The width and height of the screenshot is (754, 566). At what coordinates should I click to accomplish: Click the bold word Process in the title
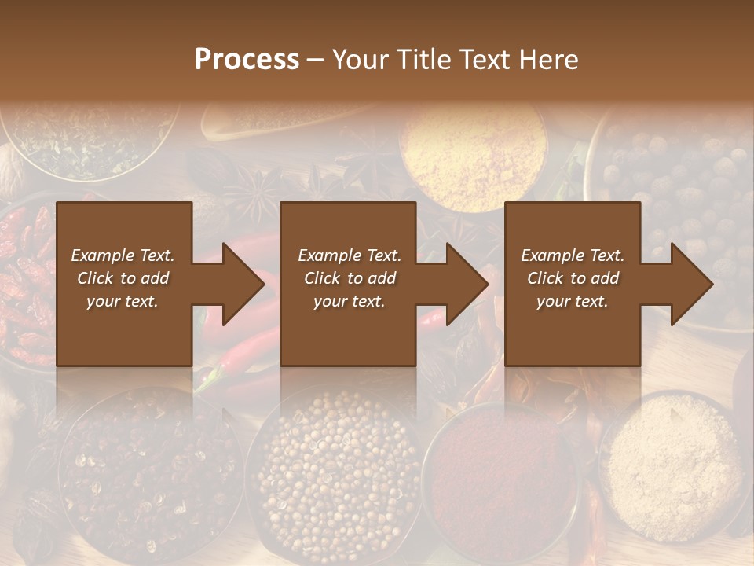[247, 60]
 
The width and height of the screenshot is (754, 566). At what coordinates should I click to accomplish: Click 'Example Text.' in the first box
[123, 255]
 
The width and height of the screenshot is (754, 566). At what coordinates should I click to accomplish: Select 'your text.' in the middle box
[349, 301]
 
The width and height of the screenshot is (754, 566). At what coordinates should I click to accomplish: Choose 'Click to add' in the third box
[573, 278]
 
